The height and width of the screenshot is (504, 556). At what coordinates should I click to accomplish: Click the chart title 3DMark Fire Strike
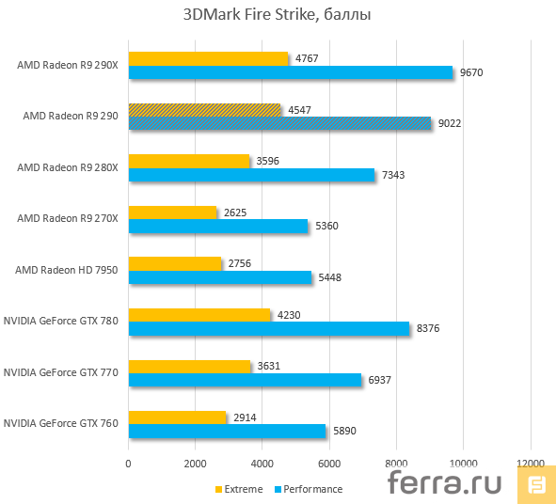[278, 16]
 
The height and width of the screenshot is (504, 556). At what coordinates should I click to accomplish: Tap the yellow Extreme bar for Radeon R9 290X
[208, 58]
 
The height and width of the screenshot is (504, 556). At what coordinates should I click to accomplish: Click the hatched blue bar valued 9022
[279, 123]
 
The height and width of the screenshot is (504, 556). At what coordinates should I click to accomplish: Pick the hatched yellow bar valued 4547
[204, 110]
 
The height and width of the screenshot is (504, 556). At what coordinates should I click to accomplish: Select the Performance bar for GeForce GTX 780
[269, 328]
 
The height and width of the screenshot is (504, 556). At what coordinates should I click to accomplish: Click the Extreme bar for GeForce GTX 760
[177, 417]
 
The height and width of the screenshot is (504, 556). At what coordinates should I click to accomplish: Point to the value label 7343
[394, 175]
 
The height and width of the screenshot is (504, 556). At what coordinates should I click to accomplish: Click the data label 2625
[236, 213]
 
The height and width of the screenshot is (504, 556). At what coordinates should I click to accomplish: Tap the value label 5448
[330, 277]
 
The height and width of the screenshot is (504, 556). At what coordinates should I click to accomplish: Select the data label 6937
[380, 379]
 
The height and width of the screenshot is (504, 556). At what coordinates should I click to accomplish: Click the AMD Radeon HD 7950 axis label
[66, 270]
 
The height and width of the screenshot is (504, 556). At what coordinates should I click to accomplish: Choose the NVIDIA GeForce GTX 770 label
[60, 372]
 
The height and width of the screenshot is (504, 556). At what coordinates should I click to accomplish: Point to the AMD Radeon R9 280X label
[67, 167]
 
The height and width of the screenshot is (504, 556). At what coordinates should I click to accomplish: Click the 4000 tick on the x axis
[262, 463]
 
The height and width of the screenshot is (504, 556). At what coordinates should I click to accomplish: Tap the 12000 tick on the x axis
[531, 463]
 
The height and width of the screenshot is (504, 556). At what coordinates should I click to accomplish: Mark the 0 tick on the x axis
[129, 463]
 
